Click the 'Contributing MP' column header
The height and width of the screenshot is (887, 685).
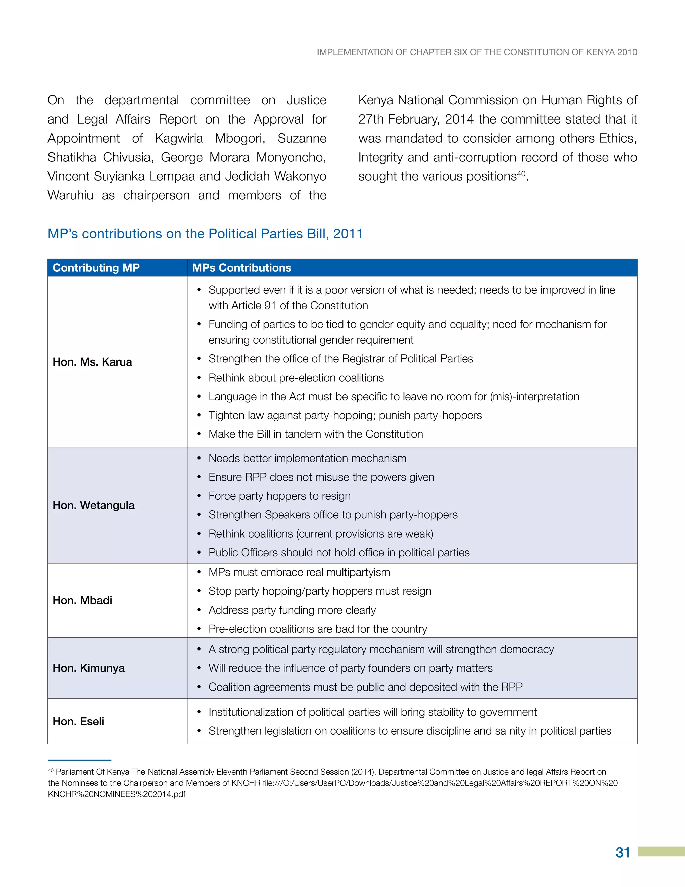96,268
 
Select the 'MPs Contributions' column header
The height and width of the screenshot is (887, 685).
241,268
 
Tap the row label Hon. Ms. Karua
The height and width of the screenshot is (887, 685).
93,362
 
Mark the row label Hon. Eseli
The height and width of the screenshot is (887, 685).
78,721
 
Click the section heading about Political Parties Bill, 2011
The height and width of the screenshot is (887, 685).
205,234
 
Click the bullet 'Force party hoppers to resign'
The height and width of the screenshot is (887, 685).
279,496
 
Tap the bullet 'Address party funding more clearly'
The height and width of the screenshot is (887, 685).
292,610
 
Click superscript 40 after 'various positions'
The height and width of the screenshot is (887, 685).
521,173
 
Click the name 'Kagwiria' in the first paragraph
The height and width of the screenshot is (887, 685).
179,139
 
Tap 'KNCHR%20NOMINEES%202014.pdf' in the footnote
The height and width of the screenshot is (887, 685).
116,794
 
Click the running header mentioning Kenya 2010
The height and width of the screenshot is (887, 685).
477,52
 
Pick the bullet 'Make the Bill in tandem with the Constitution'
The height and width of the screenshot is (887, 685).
315,434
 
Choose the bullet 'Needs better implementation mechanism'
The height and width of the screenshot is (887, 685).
307,458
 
